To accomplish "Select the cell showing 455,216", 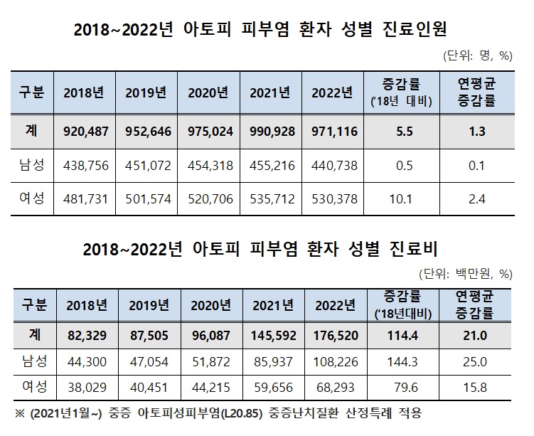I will (x=270, y=166).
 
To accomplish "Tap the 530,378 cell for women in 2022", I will (x=333, y=199).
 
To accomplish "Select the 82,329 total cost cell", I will (x=87, y=336).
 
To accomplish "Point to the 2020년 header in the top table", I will (x=208, y=92).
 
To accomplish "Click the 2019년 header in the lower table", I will (x=149, y=306).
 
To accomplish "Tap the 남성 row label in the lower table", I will (x=31, y=362).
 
